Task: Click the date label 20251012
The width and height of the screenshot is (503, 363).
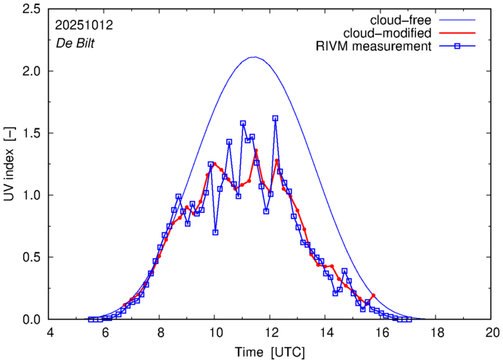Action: click(83, 24)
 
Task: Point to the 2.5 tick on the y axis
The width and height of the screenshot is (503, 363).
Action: click(31, 9)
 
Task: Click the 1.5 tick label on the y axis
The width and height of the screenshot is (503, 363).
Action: click(31, 133)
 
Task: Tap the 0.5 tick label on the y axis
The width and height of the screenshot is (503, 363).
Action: click(31, 257)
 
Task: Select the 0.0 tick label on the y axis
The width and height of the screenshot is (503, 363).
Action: click(31, 320)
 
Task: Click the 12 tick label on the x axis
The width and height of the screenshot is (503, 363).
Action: click(271, 333)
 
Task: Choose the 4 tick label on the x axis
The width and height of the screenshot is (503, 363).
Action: click(50, 333)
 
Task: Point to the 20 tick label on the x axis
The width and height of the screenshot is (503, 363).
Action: click(492, 333)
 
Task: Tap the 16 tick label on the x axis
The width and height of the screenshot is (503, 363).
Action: click(382, 333)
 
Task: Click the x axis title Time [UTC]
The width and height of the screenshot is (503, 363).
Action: click(270, 351)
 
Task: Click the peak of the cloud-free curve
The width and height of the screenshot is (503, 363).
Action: click(254, 57)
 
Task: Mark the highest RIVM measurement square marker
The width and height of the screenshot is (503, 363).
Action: click(275, 118)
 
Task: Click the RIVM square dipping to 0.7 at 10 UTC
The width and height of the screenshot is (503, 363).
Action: click(215, 233)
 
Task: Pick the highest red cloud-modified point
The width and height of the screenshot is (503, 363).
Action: click(256, 151)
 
